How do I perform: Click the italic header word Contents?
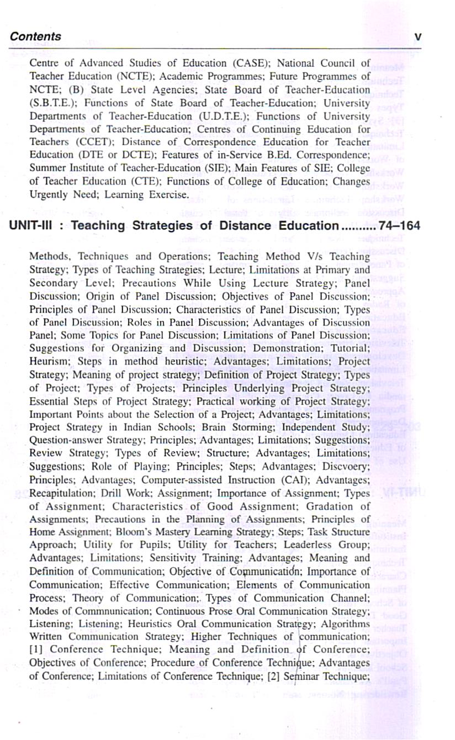[36, 36]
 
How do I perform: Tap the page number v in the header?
[417, 36]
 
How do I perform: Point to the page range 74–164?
[399, 226]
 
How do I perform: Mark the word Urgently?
[47, 194]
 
